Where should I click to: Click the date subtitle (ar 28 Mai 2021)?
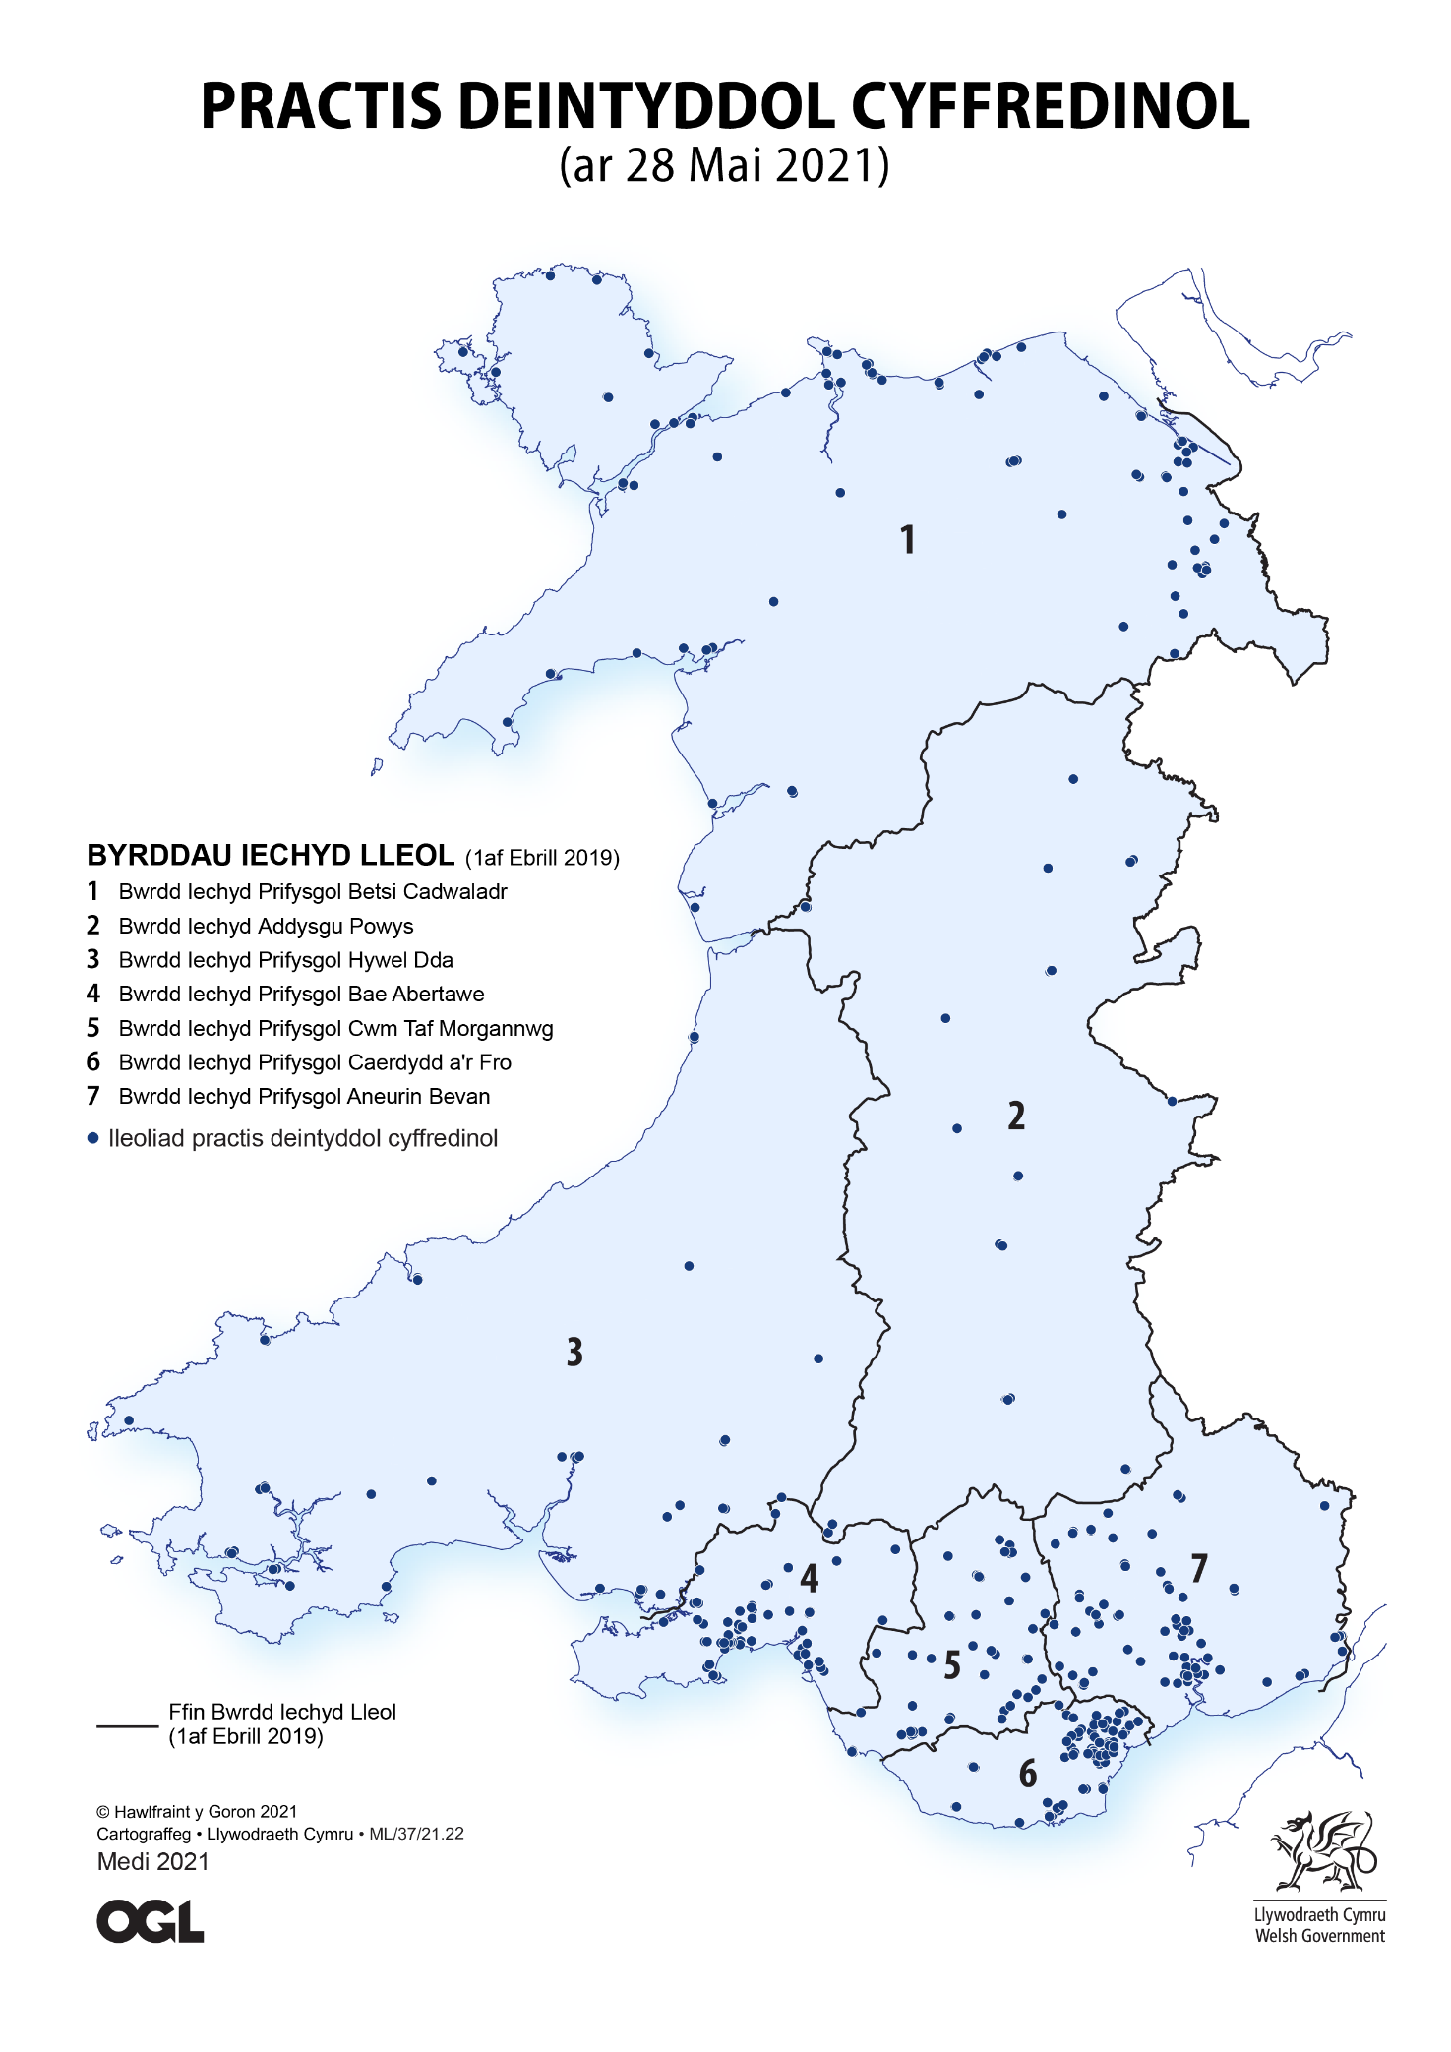click(x=724, y=165)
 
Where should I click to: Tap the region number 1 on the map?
click(x=908, y=540)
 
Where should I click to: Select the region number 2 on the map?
click(x=1016, y=1116)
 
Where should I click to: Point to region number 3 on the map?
click(x=574, y=1353)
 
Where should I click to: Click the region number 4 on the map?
click(x=809, y=1578)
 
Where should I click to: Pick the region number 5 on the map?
click(x=951, y=1665)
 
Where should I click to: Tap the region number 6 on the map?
click(x=1027, y=1774)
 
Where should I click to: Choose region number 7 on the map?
click(x=1198, y=1568)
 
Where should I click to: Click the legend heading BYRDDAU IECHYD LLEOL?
click(x=271, y=856)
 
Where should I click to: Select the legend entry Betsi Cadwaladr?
click(x=312, y=892)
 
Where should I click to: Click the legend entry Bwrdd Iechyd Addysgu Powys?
click(x=266, y=927)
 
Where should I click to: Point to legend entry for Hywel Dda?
click(x=285, y=960)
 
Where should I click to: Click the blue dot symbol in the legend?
click(x=93, y=1139)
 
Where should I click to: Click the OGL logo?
click(x=150, y=1922)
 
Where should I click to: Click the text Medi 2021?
click(x=152, y=1862)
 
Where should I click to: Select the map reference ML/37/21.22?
click(x=416, y=1834)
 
